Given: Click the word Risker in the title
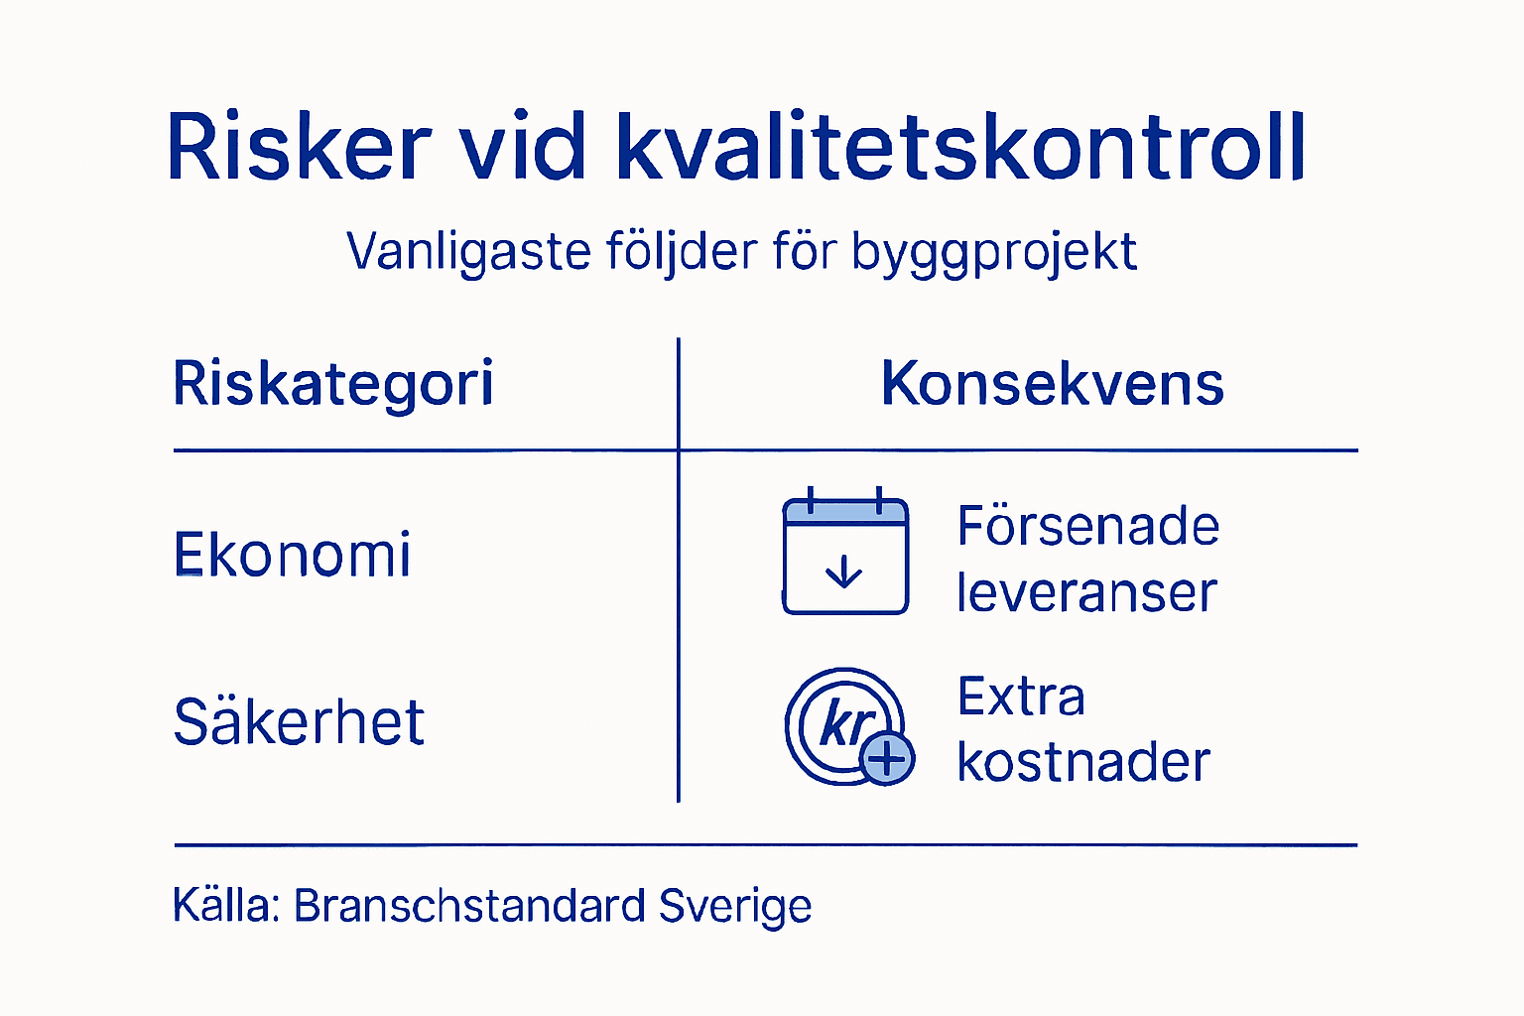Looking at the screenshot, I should [299, 147].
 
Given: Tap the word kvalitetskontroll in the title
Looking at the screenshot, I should [960, 147].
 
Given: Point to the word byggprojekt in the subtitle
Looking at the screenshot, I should [993, 252].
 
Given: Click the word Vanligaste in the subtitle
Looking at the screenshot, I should [468, 252].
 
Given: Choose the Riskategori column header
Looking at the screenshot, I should [333, 384].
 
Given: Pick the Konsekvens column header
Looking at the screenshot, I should [1053, 384].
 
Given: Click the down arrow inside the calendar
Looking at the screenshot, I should [844, 572].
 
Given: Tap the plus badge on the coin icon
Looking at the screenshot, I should [887, 759].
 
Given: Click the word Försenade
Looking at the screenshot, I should [1088, 526].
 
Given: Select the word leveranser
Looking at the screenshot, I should [1086, 592].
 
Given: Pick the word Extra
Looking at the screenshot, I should [1021, 697].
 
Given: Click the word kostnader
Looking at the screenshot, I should [1083, 762].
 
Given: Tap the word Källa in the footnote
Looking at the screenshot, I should [225, 905].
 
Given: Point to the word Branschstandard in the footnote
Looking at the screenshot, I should [470, 905].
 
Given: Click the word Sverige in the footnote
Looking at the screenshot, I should [735, 905].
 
